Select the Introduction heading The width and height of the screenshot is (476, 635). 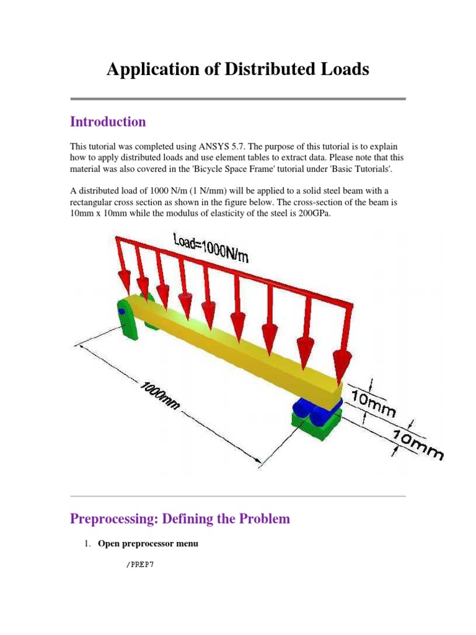pos(108,122)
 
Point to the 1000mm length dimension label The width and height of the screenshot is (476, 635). pos(161,396)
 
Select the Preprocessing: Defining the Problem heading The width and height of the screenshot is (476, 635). pos(180,518)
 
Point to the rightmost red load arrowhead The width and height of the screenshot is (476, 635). pos(340,366)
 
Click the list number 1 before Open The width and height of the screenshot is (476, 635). pos(87,544)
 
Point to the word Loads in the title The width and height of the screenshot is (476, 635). pos(346,69)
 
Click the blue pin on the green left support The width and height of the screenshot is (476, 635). pos(122,311)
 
